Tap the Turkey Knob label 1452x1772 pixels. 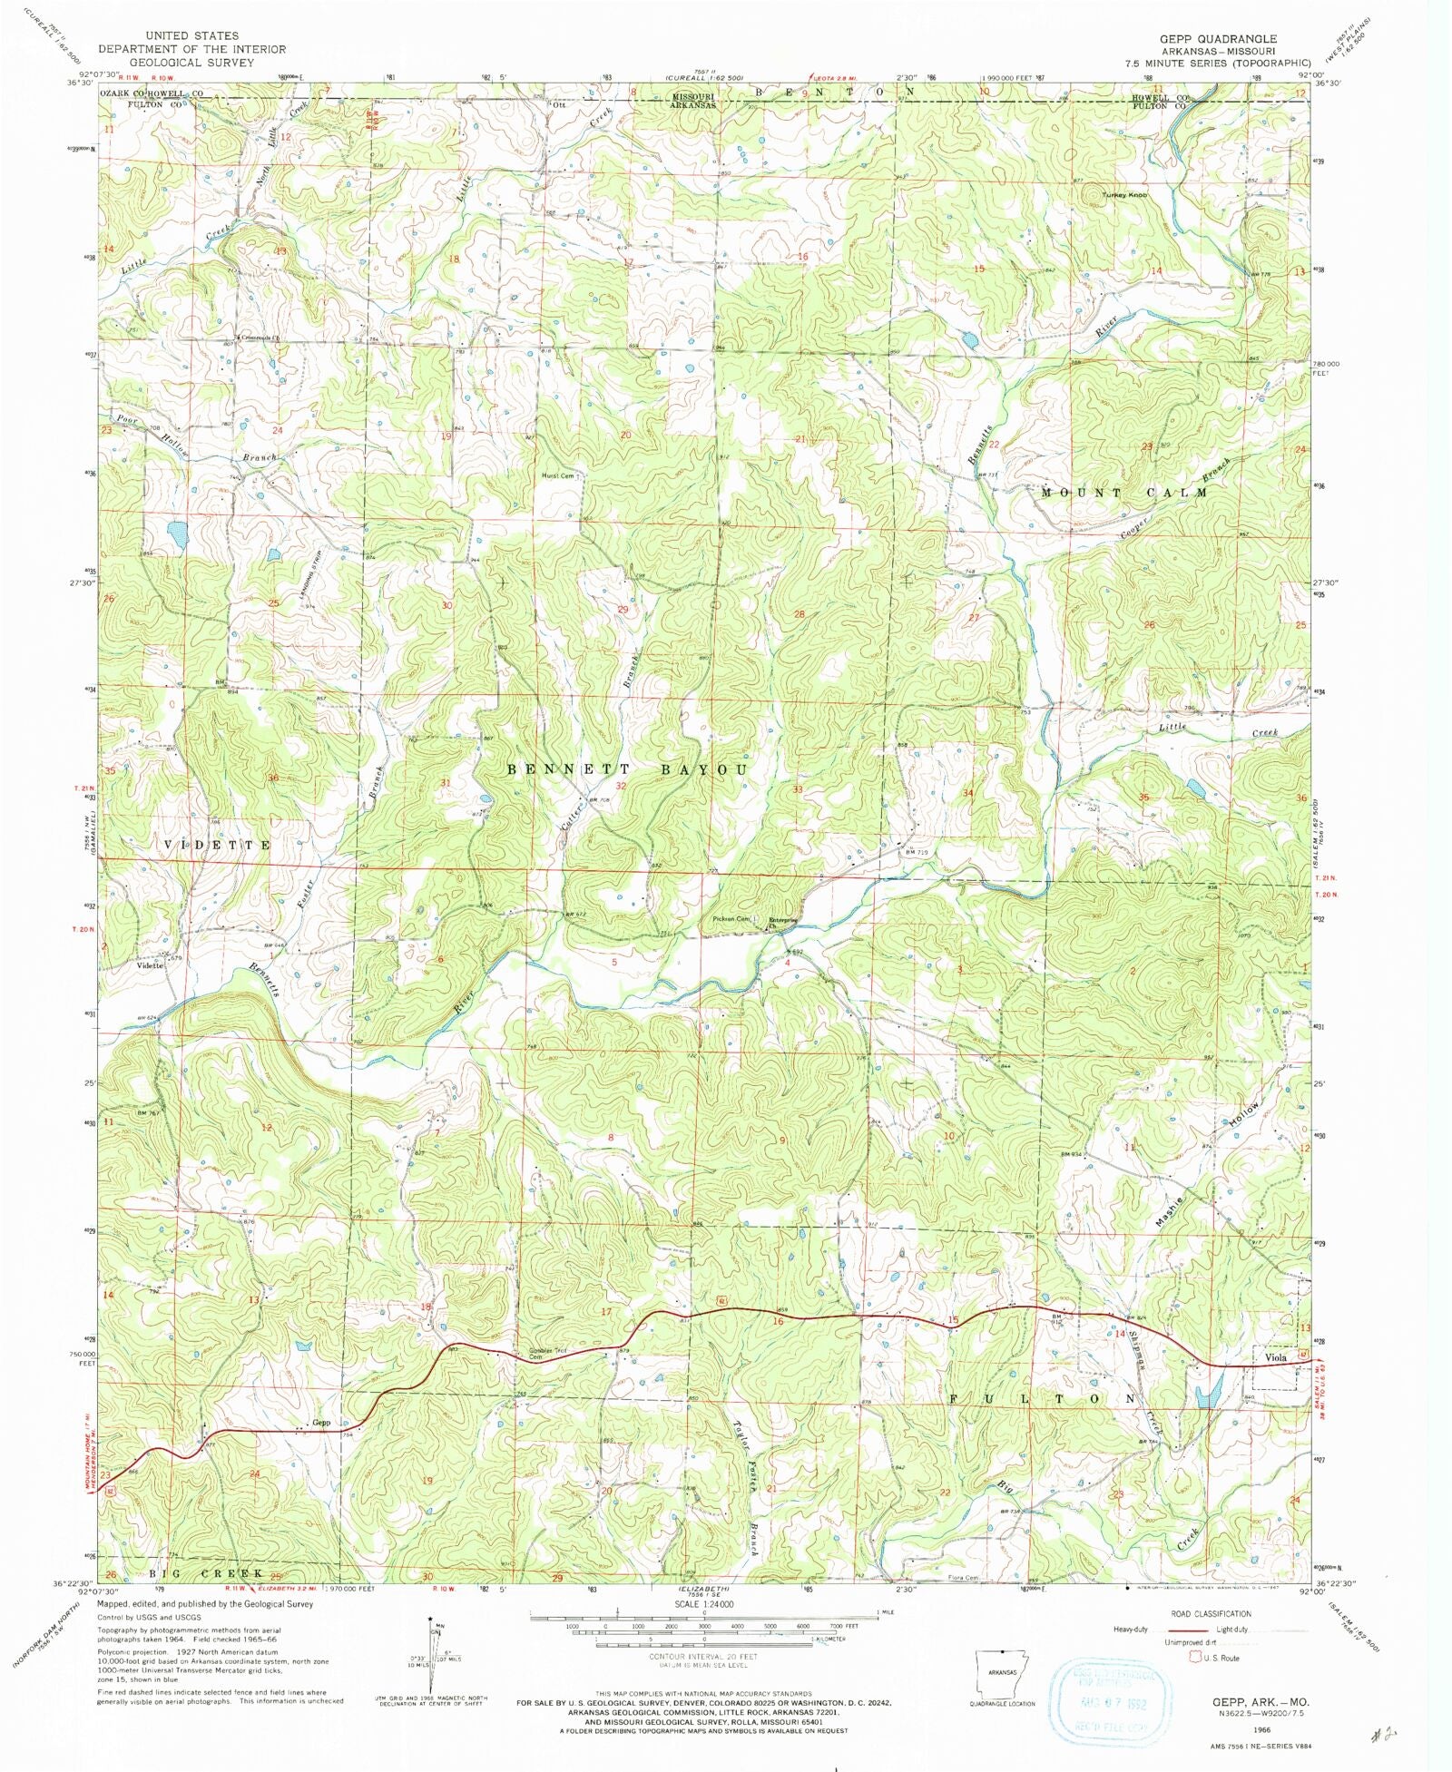pos(1125,195)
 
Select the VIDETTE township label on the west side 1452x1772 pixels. pos(217,845)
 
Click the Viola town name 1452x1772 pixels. pos(1277,1357)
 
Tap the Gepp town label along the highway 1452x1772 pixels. pos(320,1423)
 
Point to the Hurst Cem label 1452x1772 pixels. pos(558,475)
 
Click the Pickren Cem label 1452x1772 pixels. pos(731,919)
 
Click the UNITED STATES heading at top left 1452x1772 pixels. pos(191,35)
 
